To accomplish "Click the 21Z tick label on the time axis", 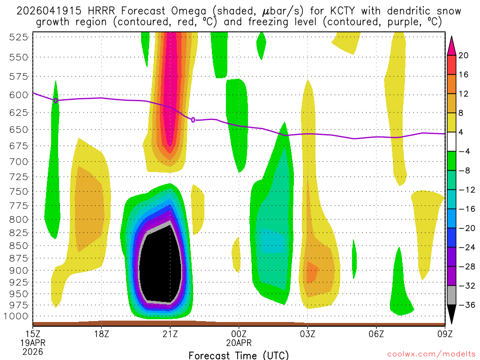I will click(x=170, y=334).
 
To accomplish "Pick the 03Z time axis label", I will click(x=307, y=334).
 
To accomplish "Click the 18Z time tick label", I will click(x=102, y=334).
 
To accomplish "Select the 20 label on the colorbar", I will click(x=464, y=56).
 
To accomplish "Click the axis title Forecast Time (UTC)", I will click(x=239, y=355).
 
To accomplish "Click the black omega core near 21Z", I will click(x=159, y=267).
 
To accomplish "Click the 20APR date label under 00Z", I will click(x=239, y=343).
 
